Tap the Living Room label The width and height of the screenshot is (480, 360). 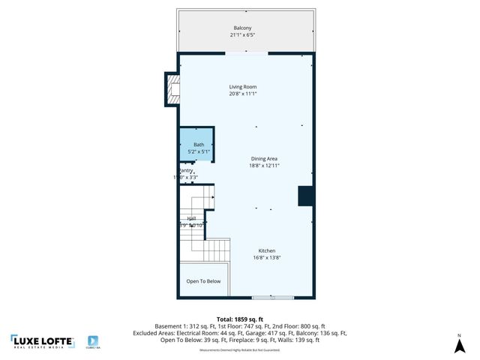(243, 87)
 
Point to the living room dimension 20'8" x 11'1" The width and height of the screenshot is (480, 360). (243, 94)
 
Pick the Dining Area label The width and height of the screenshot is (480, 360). (264, 158)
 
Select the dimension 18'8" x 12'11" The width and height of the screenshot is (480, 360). (264, 166)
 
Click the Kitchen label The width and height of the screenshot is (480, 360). (267, 250)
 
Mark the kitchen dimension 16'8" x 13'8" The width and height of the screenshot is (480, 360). (267, 258)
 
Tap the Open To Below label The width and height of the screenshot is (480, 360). (203, 281)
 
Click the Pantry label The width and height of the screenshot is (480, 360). (186, 171)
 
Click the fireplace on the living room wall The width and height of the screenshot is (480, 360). (172, 88)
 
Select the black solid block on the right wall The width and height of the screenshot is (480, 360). (305, 196)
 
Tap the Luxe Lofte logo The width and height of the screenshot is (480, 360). (42, 341)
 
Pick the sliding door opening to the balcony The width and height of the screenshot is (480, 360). (246, 53)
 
